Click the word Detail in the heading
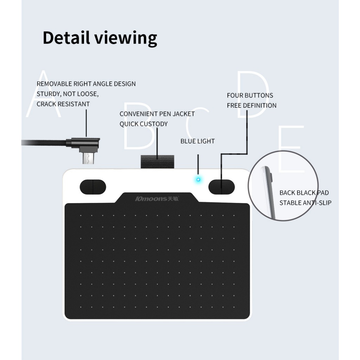pos(66,37)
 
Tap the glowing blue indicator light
pos(199,180)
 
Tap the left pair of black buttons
pos(93,187)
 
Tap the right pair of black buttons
pos(221,187)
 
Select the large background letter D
pos(252,94)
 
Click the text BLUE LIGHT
pos(198,141)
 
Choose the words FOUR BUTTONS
pos(250,96)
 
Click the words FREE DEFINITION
pos(252,105)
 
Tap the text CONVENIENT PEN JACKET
pos(157,114)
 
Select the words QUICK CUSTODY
pos(144,124)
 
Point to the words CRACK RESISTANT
pos(63,104)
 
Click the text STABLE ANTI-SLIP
pos(306,203)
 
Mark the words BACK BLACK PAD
pos(304,193)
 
